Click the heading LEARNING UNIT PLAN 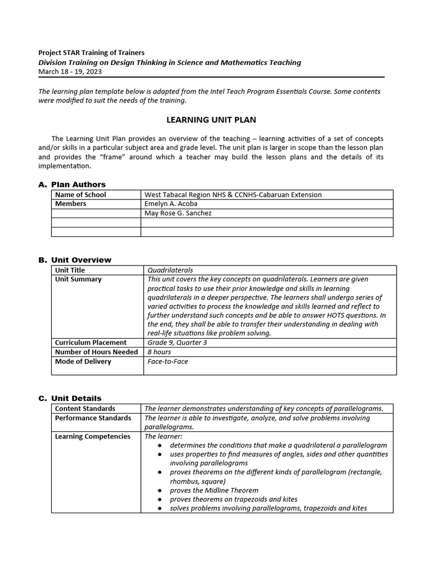[x=211, y=120]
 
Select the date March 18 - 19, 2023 [x=70, y=72]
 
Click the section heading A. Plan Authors [x=72, y=185]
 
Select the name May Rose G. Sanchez [x=178, y=213]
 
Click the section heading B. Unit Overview [x=75, y=260]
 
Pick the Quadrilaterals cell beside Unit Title [x=170, y=270]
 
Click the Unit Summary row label [x=78, y=279]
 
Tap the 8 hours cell [x=159, y=352]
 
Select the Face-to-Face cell [x=167, y=361]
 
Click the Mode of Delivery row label [x=83, y=361]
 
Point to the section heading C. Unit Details [x=70, y=398]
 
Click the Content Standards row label [x=85, y=409]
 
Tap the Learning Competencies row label [x=93, y=436]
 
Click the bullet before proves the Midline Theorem [x=159, y=490]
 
